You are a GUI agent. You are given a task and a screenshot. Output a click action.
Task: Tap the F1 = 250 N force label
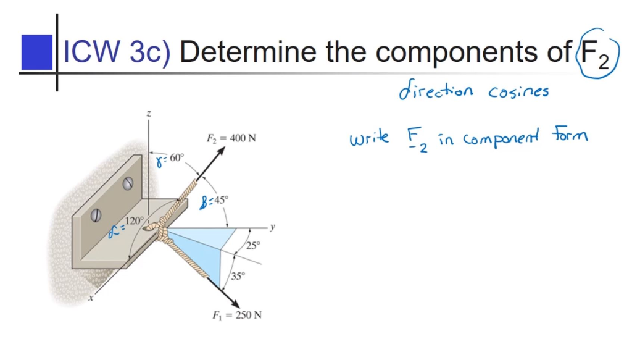237,315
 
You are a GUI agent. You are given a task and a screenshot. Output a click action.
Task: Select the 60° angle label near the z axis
174,158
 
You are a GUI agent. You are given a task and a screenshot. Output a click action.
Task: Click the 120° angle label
134,220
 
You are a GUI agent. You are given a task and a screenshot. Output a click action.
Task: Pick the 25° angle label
253,245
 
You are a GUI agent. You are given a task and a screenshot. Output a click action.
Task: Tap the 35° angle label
238,276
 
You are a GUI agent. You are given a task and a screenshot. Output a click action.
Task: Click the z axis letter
148,114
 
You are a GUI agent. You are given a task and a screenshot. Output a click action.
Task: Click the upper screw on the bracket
128,183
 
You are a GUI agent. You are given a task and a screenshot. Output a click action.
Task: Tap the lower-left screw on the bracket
96,215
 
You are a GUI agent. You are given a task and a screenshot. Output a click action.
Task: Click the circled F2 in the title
596,53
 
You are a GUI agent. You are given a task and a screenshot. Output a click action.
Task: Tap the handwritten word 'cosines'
518,91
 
